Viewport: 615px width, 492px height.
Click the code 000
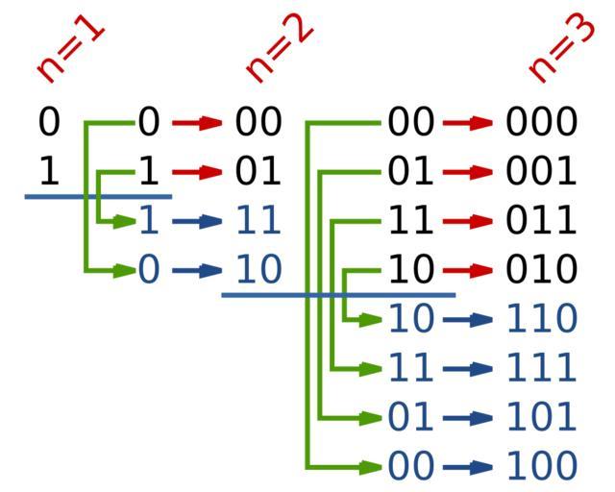coord(542,123)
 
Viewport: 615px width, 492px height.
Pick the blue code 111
coord(542,367)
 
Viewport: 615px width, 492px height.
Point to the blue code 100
coord(542,466)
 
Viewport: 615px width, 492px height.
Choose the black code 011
coord(542,221)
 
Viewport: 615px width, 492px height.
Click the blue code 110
coord(542,318)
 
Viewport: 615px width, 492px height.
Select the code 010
coord(542,270)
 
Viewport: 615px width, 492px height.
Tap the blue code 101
coord(542,417)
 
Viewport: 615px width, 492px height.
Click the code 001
coord(542,172)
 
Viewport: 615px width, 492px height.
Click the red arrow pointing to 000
coord(468,123)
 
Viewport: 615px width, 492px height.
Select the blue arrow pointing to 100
coord(468,467)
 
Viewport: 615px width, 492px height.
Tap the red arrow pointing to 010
coord(468,270)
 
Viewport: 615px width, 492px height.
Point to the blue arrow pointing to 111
coord(468,368)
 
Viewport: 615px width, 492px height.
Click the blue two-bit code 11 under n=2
coord(258,221)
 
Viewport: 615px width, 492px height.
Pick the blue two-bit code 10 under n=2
coord(258,270)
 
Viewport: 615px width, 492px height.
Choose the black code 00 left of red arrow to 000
coord(411,123)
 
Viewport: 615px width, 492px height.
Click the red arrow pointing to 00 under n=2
coord(197,123)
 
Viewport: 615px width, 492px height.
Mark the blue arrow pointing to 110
coord(468,319)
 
